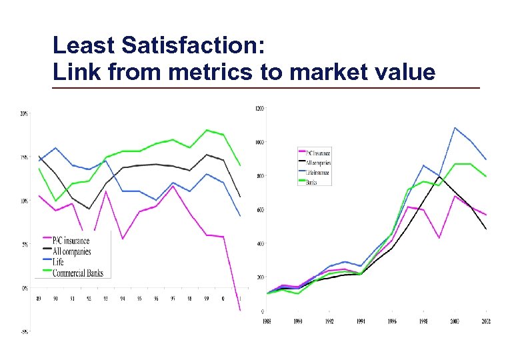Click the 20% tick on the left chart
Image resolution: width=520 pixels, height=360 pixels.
[24, 114]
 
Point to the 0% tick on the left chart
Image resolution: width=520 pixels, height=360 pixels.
[25, 288]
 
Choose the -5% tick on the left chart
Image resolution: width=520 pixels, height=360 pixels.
[24, 331]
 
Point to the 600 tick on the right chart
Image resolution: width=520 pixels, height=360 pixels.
[259, 210]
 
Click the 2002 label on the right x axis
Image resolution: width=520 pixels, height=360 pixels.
[487, 321]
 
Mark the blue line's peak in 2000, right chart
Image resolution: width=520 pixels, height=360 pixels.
[454, 127]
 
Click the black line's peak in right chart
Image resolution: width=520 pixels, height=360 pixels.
[438, 177]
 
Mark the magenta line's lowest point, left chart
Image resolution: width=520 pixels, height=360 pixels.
[240, 311]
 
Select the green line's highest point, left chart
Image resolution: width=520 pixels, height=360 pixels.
[207, 130]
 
